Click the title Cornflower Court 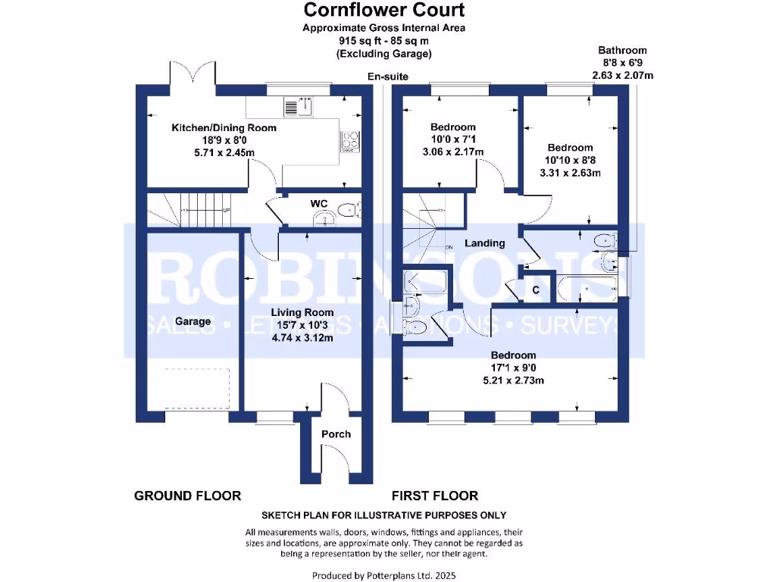(x=384, y=10)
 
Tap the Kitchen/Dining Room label (x=224, y=128)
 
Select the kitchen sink (x=298, y=107)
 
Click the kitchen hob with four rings (x=349, y=142)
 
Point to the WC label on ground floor (x=319, y=204)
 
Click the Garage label (x=192, y=321)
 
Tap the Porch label (x=336, y=434)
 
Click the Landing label (x=485, y=243)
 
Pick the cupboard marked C (x=536, y=289)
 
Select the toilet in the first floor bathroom (x=605, y=241)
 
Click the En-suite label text (x=387, y=77)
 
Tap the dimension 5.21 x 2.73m (x=513, y=380)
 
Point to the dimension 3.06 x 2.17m (x=453, y=152)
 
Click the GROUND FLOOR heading (x=187, y=496)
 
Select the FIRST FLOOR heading (x=434, y=496)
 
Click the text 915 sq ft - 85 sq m (x=384, y=41)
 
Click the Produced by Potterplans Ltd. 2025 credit (x=384, y=575)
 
